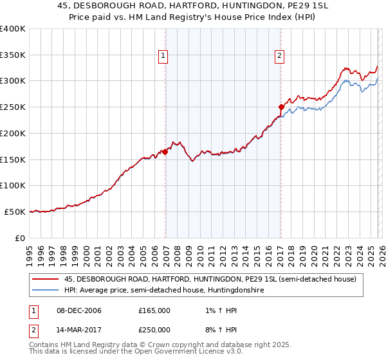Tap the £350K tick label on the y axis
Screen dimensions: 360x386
(x=13, y=55)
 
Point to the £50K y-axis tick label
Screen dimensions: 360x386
(x=15, y=212)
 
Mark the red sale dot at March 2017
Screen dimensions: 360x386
(x=281, y=107)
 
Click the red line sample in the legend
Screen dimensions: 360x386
(x=46, y=279)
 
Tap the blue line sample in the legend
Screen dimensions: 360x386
(x=46, y=291)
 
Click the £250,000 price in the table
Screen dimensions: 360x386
(x=154, y=329)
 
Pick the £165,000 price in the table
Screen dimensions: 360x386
(x=154, y=310)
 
